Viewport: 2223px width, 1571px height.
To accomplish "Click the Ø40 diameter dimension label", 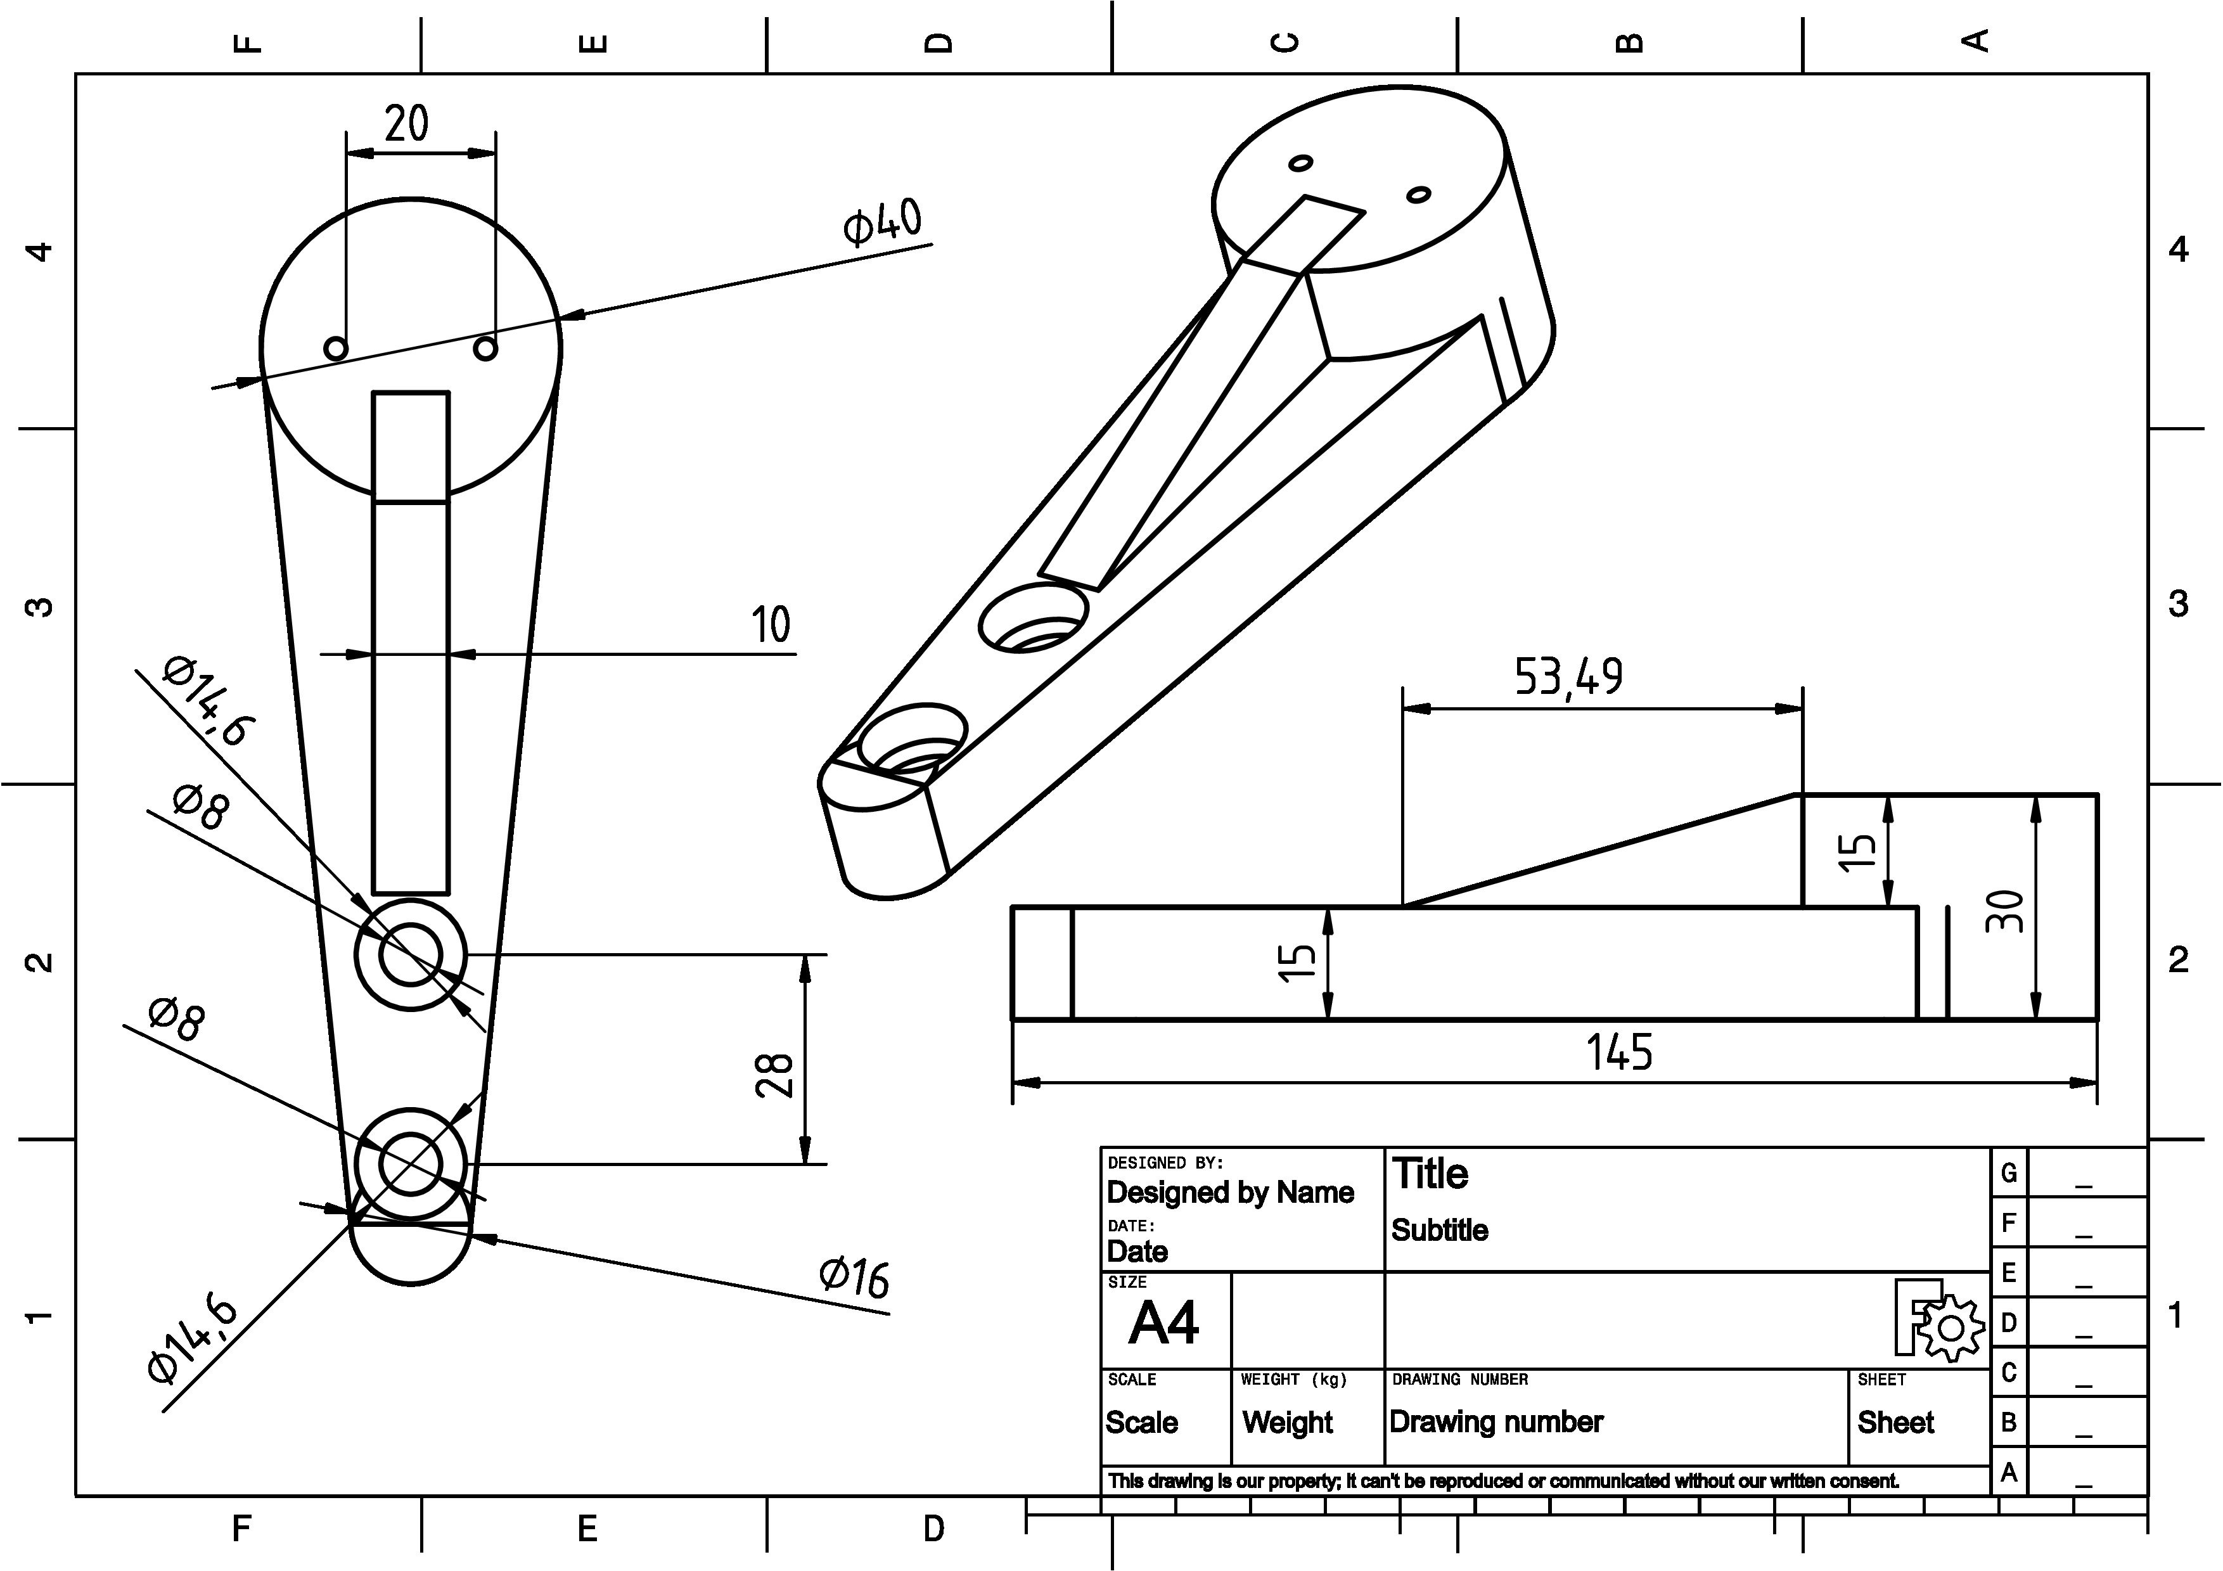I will [882, 222].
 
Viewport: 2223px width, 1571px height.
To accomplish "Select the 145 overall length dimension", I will [1619, 1052].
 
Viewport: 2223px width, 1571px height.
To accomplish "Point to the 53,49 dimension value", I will [1568, 677].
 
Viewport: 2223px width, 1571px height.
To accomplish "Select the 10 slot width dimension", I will [771, 624].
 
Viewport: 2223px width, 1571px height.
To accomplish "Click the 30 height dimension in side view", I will [2004, 911].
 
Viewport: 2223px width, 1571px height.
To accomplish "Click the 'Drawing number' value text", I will [1496, 1422].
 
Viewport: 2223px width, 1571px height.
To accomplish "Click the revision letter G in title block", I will [2009, 1173].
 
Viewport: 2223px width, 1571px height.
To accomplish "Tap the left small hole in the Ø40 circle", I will [336, 347].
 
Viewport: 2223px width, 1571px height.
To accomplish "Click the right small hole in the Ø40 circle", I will [486, 347].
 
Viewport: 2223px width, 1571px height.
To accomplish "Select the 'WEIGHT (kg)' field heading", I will [1293, 1380].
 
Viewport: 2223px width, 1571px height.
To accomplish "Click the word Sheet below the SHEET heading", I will [1895, 1422].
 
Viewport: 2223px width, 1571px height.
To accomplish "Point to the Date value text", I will [1137, 1252].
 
